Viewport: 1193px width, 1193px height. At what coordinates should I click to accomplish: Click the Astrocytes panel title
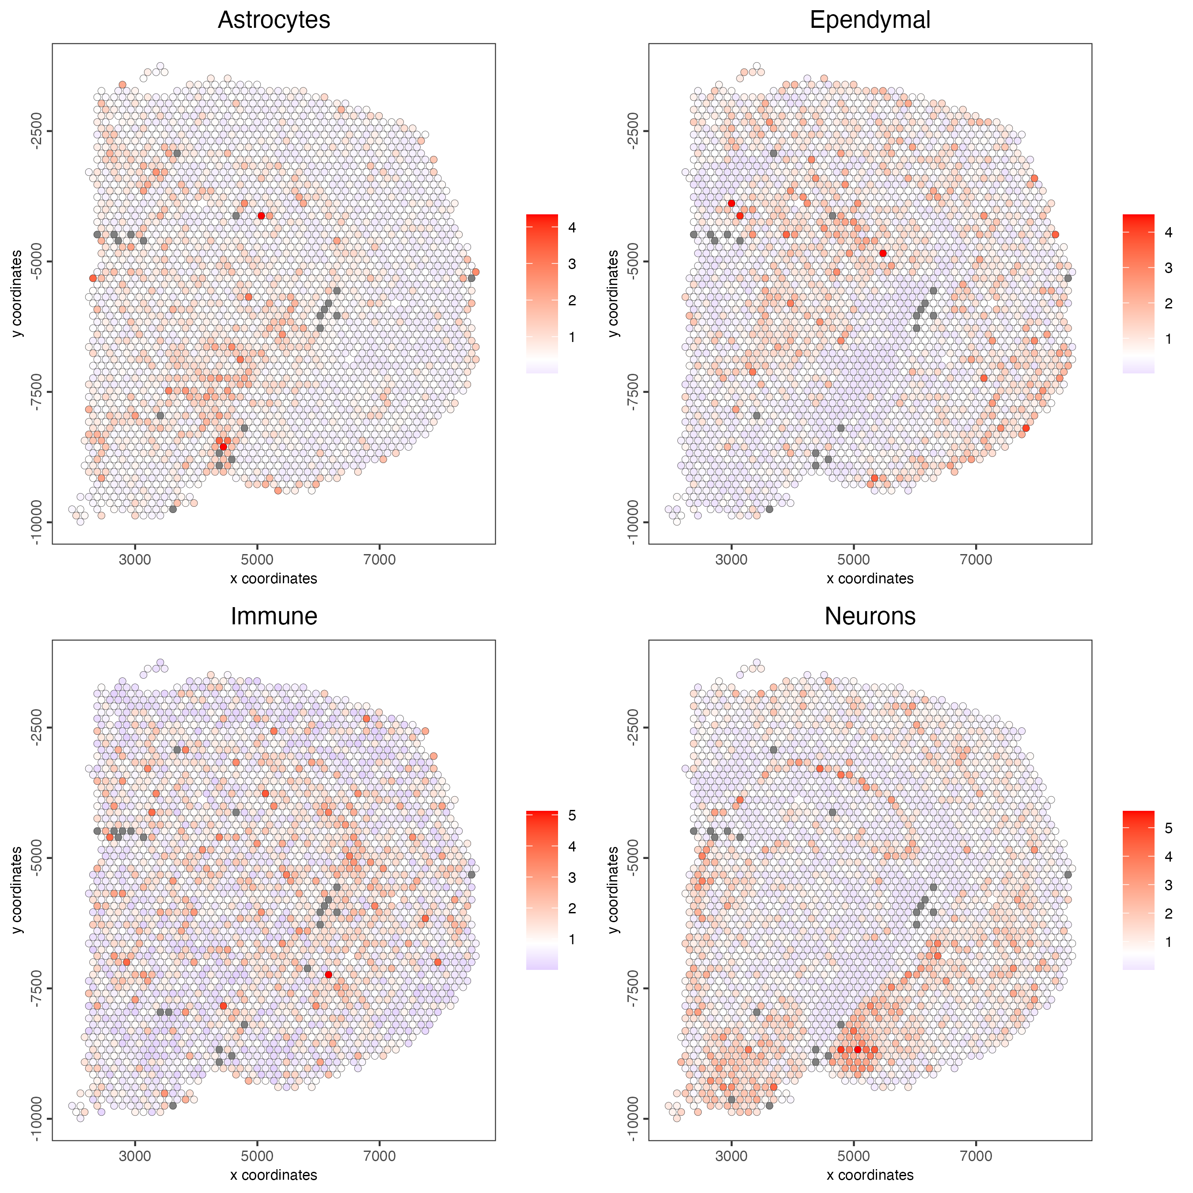274,20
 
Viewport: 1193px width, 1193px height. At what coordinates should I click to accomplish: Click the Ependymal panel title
870,20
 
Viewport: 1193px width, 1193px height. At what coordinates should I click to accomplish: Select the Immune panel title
274,616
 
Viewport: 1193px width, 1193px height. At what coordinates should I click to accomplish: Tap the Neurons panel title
870,616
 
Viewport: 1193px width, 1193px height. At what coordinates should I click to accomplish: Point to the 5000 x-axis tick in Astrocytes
257,559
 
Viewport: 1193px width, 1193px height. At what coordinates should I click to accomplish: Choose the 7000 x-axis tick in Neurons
976,1155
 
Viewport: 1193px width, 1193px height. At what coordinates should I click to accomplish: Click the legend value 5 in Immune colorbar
572,816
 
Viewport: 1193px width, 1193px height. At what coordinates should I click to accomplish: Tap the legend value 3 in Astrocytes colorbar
572,264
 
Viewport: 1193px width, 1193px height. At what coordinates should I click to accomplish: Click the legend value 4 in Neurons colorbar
1168,856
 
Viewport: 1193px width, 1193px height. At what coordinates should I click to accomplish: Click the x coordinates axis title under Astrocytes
274,578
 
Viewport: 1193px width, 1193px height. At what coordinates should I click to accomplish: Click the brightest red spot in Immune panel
328,974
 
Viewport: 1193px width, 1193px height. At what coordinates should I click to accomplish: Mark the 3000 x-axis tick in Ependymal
731,559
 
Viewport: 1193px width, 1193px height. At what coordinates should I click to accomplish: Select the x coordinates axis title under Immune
274,1174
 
